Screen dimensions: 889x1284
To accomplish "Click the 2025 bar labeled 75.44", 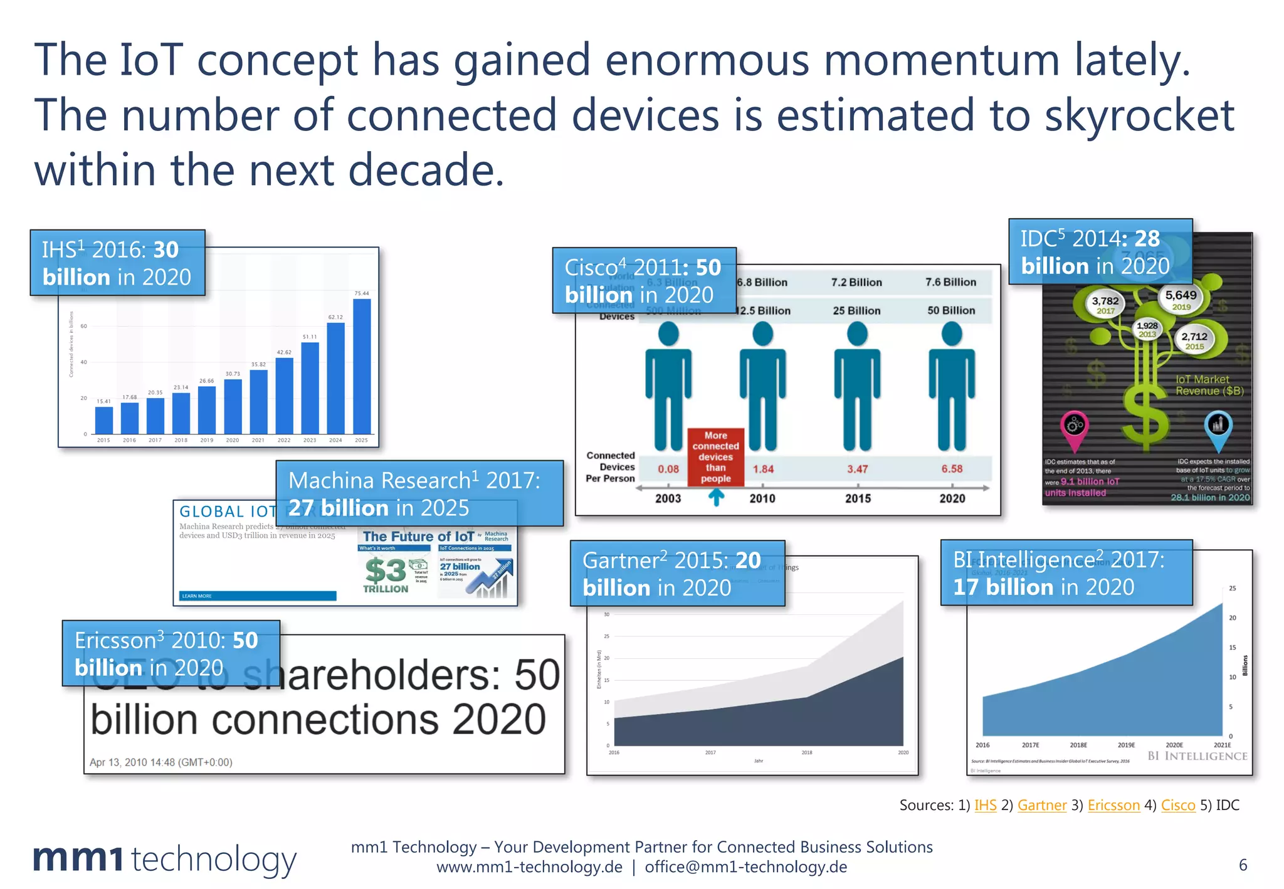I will click(x=362, y=366).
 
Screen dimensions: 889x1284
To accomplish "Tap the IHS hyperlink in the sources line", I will click(x=985, y=805).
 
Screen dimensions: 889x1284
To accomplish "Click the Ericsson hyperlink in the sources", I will click(x=1113, y=805).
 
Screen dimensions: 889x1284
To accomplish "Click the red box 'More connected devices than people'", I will click(x=715, y=457).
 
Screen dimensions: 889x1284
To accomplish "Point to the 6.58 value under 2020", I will click(x=952, y=469).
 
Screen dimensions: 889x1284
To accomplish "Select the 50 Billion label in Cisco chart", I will click(x=951, y=310).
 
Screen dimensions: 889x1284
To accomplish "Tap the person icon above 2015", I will click(x=857, y=386).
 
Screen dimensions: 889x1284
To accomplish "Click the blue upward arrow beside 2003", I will click(x=716, y=497).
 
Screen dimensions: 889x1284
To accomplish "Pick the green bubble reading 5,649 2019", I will click(x=1181, y=299).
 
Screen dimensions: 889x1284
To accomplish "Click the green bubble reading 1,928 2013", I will click(x=1147, y=329).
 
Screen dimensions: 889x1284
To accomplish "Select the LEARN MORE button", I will click(x=258, y=596).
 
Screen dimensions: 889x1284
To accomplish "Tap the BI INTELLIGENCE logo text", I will click(x=1197, y=756).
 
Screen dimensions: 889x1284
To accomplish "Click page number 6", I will click(x=1243, y=865).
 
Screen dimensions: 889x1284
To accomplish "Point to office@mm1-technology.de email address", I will click(x=745, y=867).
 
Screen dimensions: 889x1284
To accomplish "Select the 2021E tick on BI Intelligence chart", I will click(x=1222, y=745).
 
